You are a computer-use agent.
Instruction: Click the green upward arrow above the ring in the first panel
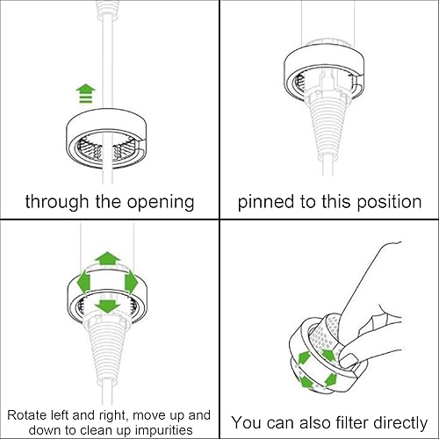pos(85,91)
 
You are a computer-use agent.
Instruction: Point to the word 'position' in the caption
pos(385,201)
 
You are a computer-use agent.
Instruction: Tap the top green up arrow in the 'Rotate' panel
pos(108,258)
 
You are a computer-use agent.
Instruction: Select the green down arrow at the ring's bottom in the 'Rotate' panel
pos(108,306)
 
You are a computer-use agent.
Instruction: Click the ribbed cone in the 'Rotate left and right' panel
pos(107,347)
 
